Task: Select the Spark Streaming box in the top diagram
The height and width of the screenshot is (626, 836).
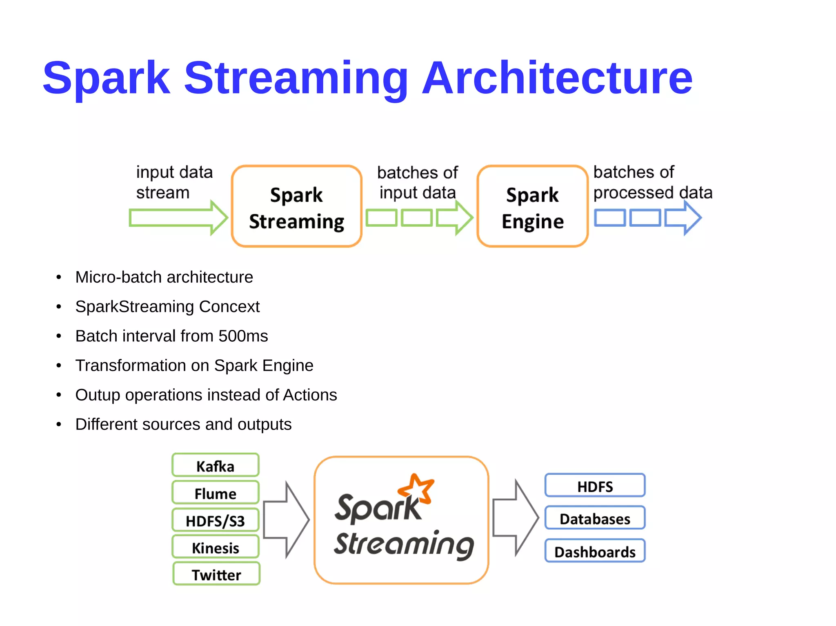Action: click(296, 206)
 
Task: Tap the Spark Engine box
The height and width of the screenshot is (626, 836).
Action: click(532, 206)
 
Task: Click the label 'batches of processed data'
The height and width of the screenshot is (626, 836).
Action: click(652, 182)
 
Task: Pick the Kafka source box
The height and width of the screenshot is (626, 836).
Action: click(216, 465)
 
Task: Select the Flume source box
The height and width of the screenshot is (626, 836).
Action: click(216, 493)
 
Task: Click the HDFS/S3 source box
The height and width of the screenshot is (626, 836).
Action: click(216, 520)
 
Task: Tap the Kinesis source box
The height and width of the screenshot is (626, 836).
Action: click(216, 547)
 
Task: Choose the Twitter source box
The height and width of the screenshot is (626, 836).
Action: click(216, 574)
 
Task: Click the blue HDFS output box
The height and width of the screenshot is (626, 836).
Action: click(595, 486)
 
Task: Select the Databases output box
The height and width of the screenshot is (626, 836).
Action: click(595, 518)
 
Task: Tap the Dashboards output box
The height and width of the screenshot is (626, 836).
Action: click(595, 551)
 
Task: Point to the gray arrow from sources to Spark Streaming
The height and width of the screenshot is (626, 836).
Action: click(286, 520)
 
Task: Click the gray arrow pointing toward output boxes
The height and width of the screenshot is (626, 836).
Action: click(515, 518)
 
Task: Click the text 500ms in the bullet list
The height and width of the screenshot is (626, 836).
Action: click(243, 336)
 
